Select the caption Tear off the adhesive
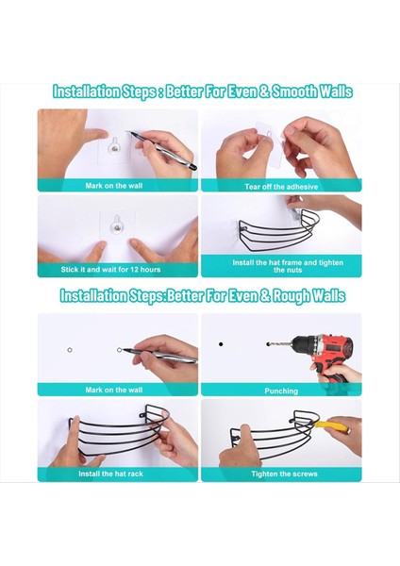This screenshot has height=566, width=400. click(x=280, y=185)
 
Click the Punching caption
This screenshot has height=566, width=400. click(x=280, y=390)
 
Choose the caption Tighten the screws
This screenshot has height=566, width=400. click(x=280, y=474)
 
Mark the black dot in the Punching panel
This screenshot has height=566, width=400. click(x=221, y=343)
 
